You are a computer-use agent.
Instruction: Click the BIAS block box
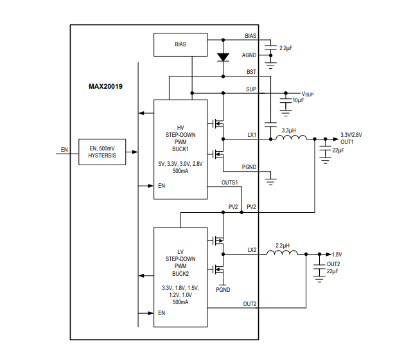click(x=180, y=44)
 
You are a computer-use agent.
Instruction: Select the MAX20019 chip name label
click(x=106, y=85)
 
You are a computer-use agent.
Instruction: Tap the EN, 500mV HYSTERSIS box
click(x=103, y=152)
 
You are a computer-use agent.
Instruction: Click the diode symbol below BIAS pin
click(x=223, y=57)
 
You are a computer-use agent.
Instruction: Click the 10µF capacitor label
click(x=299, y=101)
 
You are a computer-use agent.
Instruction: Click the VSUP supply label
click(x=308, y=94)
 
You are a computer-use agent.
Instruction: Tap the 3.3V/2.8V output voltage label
click(x=351, y=135)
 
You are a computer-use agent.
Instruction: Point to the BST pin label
click(x=252, y=72)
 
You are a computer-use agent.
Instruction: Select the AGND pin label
click(x=249, y=55)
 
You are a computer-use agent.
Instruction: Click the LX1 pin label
click(x=252, y=134)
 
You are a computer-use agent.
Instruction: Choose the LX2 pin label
click(x=252, y=249)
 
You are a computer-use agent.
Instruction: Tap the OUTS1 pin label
click(x=230, y=183)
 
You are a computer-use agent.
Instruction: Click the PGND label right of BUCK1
click(x=249, y=166)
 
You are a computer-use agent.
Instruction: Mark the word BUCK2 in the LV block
click(x=180, y=273)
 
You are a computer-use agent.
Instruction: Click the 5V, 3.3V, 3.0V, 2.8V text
click(x=180, y=164)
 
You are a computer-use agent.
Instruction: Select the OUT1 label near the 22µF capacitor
click(x=347, y=141)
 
